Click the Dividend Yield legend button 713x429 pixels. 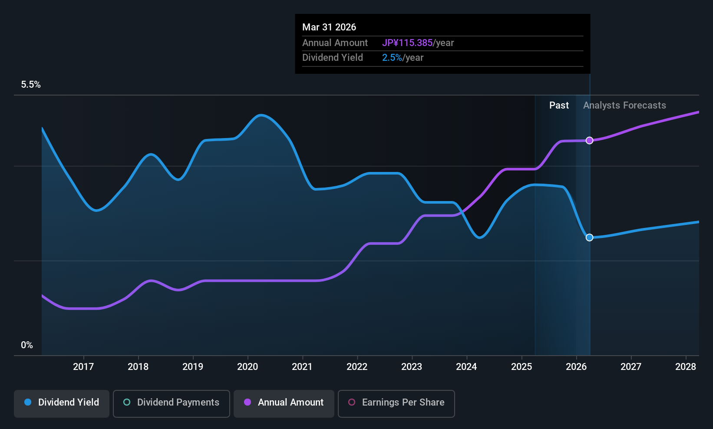coord(61,403)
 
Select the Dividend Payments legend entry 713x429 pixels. coord(171,403)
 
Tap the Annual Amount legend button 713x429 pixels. coord(284,403)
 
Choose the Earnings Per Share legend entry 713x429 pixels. coord(396,403)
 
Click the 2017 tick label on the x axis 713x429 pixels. coord(83,366)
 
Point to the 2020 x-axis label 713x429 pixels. coord(248,366)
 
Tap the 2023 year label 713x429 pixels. coord(412,366)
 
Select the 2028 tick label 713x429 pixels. coord(686,366)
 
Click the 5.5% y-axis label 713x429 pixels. coord(31,84)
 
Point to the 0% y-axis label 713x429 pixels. coord(27,345)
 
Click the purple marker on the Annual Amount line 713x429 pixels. coord(590,140)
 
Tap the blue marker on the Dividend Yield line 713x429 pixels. coord(590,238)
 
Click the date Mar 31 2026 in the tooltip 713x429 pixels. coord(329,27)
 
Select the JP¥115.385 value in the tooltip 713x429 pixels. coord(407,43)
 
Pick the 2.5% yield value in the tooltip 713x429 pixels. coord(392,58)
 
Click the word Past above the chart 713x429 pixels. coord(559,106)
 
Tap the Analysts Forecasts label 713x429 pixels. coord(624,106)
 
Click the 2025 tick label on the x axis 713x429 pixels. coord(522,366)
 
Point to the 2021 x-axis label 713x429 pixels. coord(302,366)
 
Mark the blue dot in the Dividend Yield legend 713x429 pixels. coord(28,402)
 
